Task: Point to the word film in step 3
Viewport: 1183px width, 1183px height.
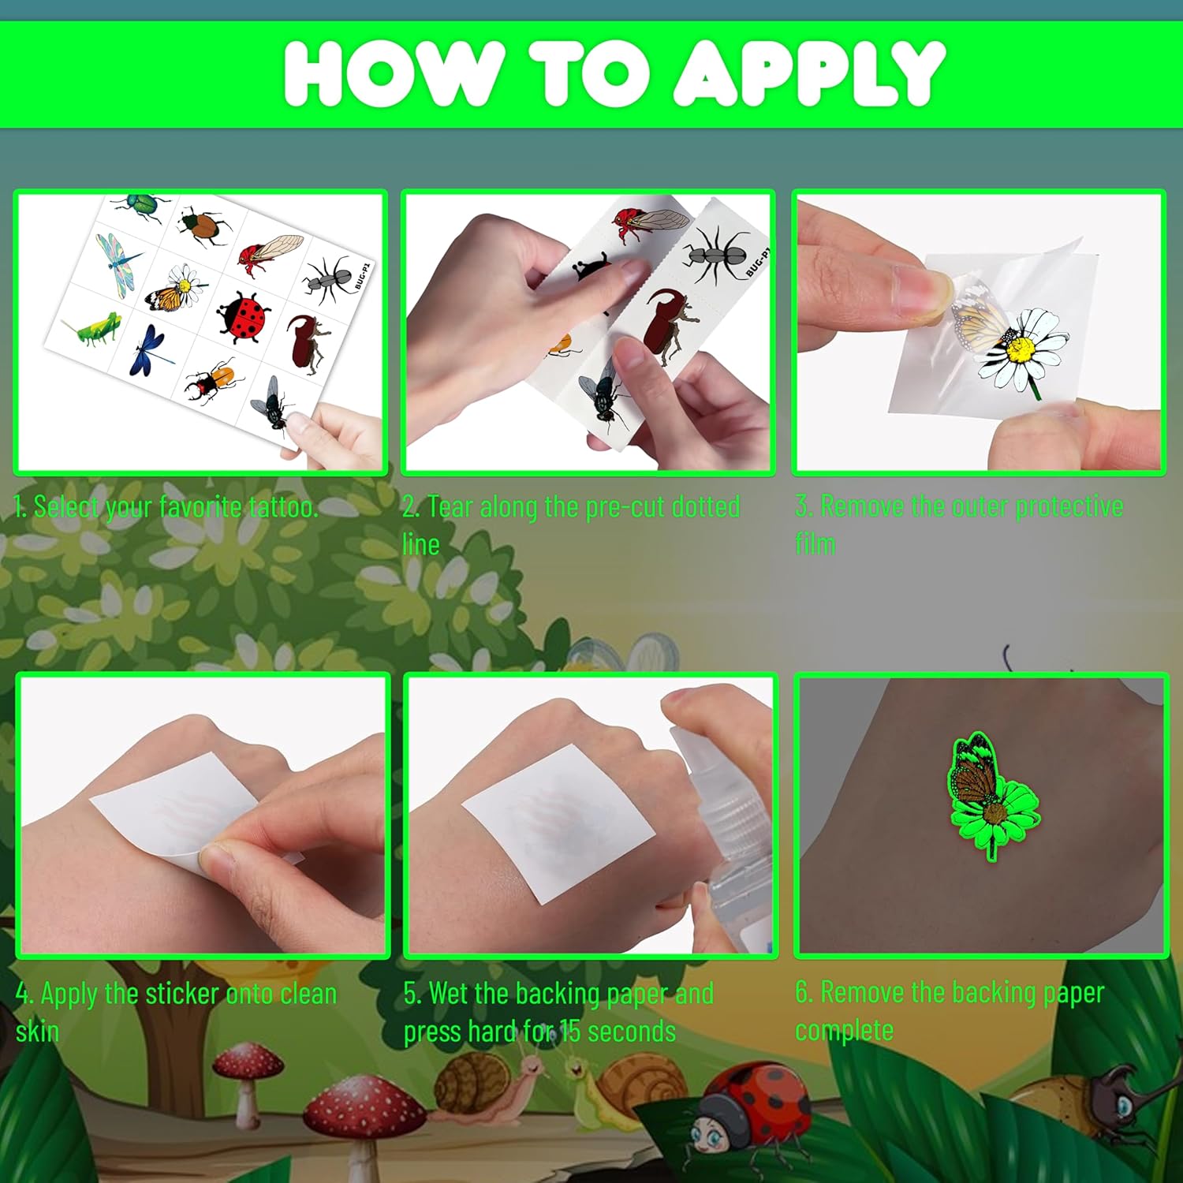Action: click(815, 543)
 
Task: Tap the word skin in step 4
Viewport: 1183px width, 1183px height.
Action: click(37, 1031)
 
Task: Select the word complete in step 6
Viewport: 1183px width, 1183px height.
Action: click(844, 1030)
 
